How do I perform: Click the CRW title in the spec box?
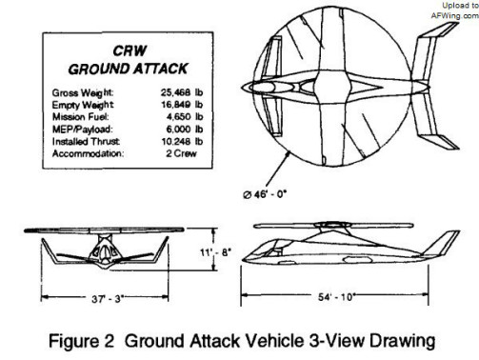[x=130, y=50]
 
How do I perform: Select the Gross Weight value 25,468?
[x=175, y=92]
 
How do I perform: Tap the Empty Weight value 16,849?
[x=176, y=105]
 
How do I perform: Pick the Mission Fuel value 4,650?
[x=179, y=116]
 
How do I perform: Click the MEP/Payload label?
[x=83, y=130]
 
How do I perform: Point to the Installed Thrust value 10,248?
[x=176, y=141]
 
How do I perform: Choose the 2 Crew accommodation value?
[x=181, y=153]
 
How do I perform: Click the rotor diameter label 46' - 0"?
[x=265, y=194]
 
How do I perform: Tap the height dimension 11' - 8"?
[x=215, y=252]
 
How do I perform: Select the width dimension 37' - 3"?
[x=107, y=299]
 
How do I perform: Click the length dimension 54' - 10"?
[x=336, y=297]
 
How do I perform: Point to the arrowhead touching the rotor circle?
[x=288, y=154]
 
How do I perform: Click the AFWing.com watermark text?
[x=454, y=15]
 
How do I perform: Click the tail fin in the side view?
[x=442, y=243]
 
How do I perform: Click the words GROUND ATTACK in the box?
[x=128, y=70]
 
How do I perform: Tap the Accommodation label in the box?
[x=88, y=153]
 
